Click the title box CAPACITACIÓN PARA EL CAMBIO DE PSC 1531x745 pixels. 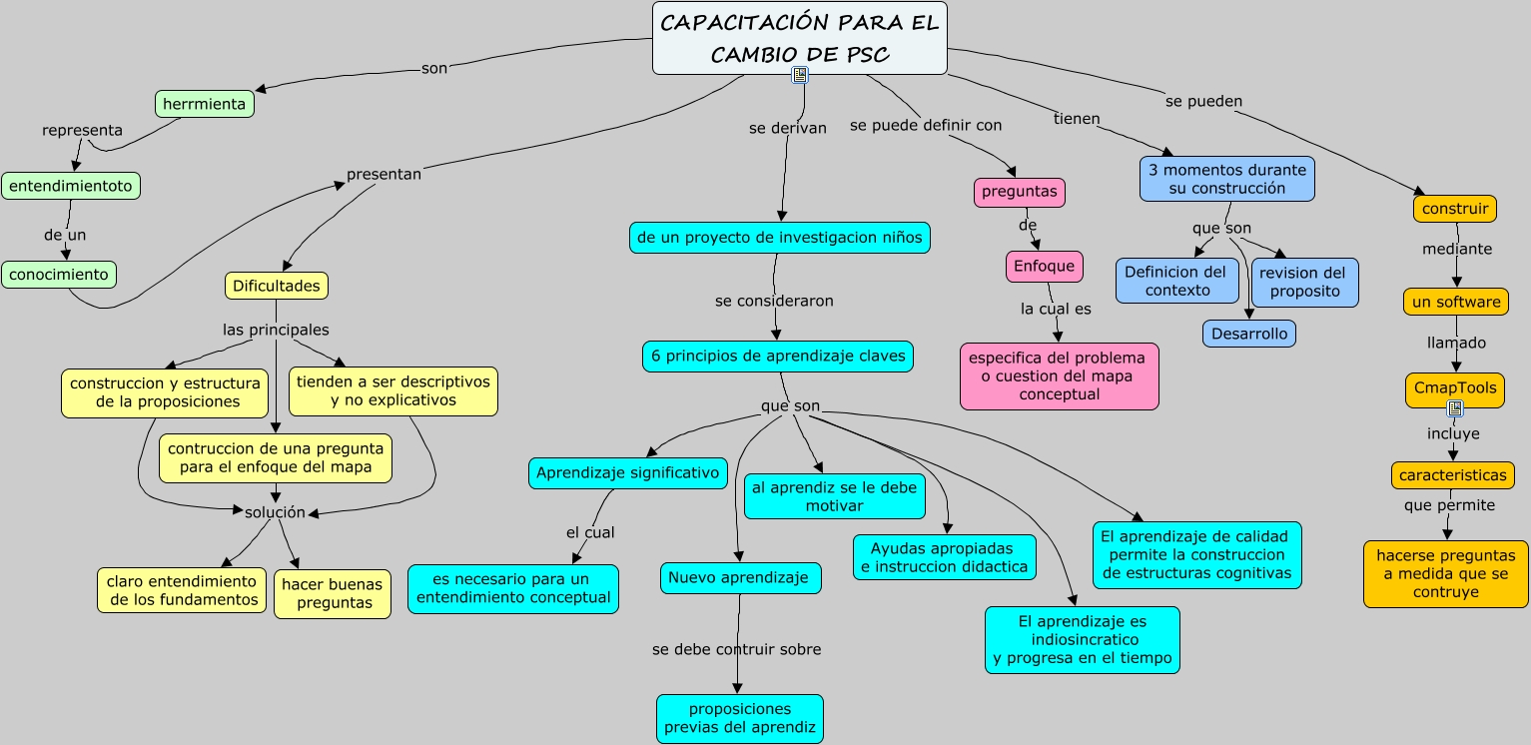coord(799,37)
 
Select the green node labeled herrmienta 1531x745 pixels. coord(204,104)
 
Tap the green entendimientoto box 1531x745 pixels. coord(71,186)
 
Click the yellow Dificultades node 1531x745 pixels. coord(276,286)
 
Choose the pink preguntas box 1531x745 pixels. coord(1019,192)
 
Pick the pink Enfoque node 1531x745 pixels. coord(1044,266)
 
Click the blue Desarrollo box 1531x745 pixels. coord(1248,334)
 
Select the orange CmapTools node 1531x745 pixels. coord(1454,387)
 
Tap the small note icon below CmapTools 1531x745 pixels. coord(1454,408)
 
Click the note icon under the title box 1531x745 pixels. coord(799,76)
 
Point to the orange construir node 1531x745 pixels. coord(1454,209)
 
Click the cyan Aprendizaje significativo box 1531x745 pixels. coord(627,473)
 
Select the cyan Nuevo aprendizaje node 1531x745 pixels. coord(740,577)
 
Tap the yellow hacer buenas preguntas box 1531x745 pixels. coord(333,593)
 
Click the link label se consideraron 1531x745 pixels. coord(774,301)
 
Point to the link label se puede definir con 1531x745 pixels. coord(925,125)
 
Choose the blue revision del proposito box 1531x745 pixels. coord(1304,282)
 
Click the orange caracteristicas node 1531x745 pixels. coord(1451,475)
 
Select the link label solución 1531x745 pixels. coord(275,512)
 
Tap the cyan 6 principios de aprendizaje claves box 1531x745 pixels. coord(777,357)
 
